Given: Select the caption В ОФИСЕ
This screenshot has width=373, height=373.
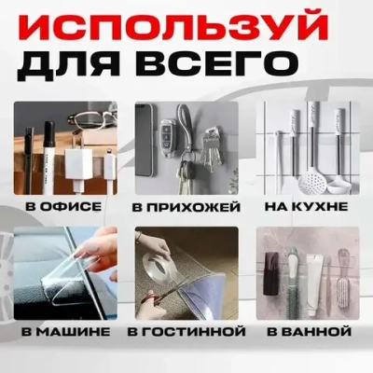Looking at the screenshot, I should pyautogui.click(x=64, y=204).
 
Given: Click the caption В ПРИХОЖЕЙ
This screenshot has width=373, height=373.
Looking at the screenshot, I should pyautogui.click(x=186, y=204).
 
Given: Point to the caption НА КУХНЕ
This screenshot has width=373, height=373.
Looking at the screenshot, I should pyautogui.click(x=307, y=204).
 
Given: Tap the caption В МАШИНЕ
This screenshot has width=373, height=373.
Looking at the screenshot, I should pyautogui.click(x=64, y=331).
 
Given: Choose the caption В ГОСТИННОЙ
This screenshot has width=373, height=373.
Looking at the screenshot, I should pyautogui.click(x=186, y=331).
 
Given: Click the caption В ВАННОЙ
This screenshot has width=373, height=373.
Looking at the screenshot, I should pyautogui.click(x=307, y=331).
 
